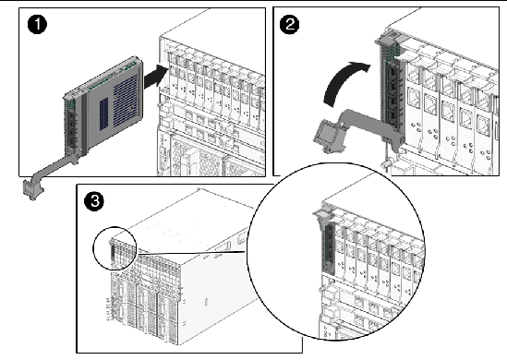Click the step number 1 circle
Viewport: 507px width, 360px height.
pyautogui.click(x=37, y=25)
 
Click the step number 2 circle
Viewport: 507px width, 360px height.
pyautogui.click(x=289, y=25)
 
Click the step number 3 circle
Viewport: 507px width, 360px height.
pyautogui.click(x=94, y=201)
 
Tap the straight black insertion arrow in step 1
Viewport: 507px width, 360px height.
pyautogui.click(x=156, y=77)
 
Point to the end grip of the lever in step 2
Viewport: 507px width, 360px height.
pyautogui.click(x=327, y=136)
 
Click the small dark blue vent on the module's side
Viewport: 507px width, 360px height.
pyautogui.click(x=103, y=114)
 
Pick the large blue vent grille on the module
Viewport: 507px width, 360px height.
pyautogui.click(x=126, y=100)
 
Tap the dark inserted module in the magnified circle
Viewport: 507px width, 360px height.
pyautogui.click(x=329, y=249)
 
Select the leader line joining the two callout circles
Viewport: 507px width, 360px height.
pyautogui.click(x=192, y=253)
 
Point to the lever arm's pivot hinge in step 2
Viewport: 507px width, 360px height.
pyautogui.click(x=398, y=141)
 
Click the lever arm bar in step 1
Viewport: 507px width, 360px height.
pyautogui.click(x=55, y=168)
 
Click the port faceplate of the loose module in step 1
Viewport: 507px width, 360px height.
pyautogui.click(x=72, y=126)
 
